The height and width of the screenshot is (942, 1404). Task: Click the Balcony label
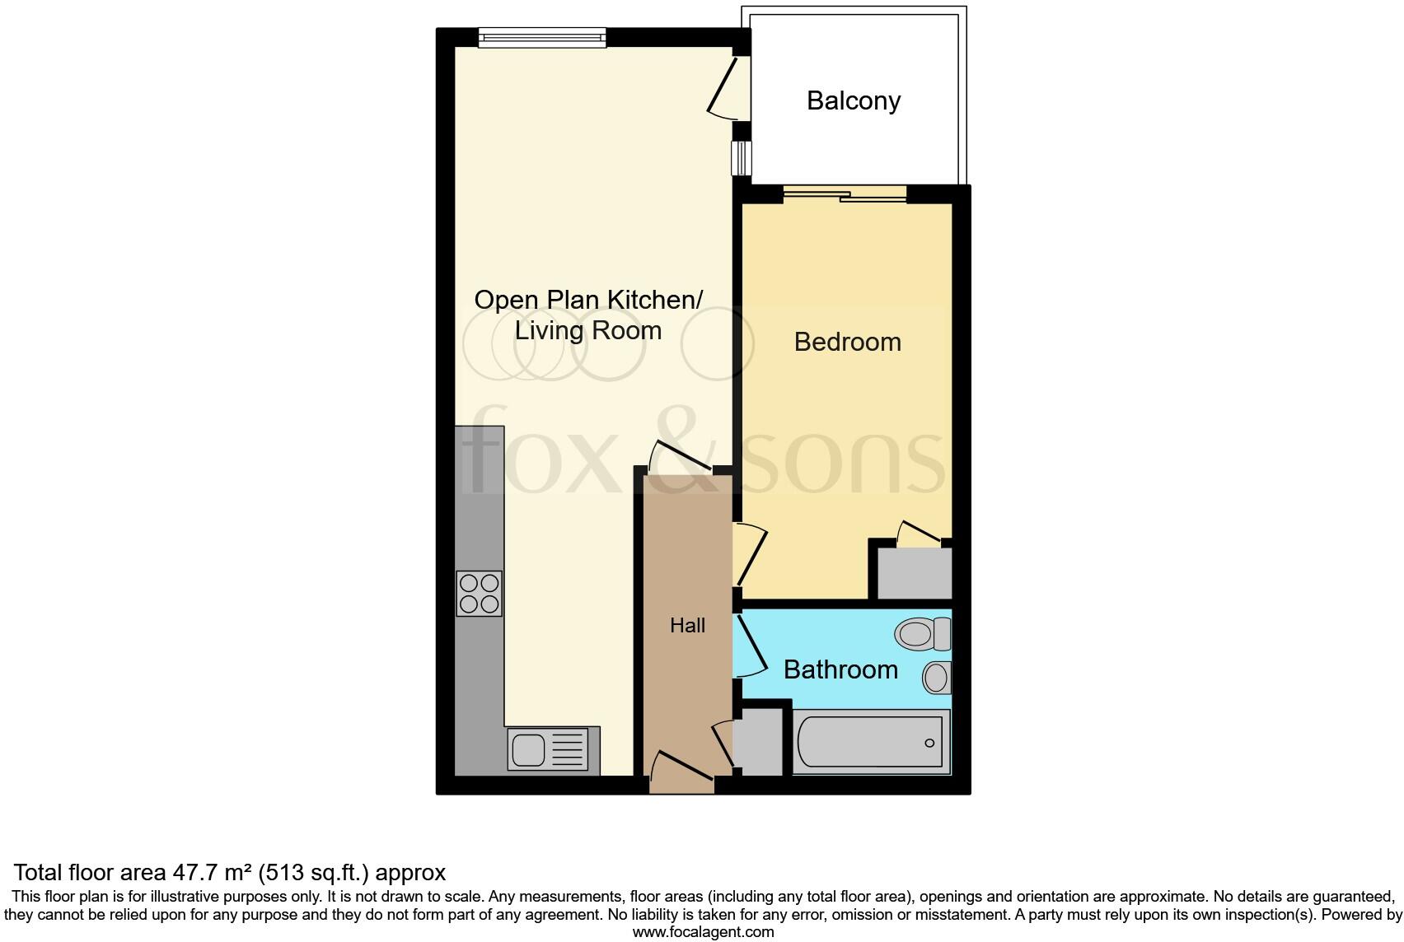854,100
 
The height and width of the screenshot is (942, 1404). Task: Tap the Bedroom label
847,342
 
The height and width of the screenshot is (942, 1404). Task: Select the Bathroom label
840,669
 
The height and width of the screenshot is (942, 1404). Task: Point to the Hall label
687,626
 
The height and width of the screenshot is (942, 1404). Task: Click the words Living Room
588,331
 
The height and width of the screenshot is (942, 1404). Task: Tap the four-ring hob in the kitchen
479,594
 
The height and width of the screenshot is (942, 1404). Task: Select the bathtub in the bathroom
872,742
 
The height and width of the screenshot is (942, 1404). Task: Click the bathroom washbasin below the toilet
937,679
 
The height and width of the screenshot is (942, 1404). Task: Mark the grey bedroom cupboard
914,573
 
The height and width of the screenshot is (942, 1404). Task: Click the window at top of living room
542,36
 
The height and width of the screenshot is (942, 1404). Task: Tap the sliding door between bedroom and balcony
845,194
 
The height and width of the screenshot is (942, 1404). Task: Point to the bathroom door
750,647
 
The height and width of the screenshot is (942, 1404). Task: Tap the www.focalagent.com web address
703,932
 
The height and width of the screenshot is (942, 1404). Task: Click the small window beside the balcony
742,158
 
